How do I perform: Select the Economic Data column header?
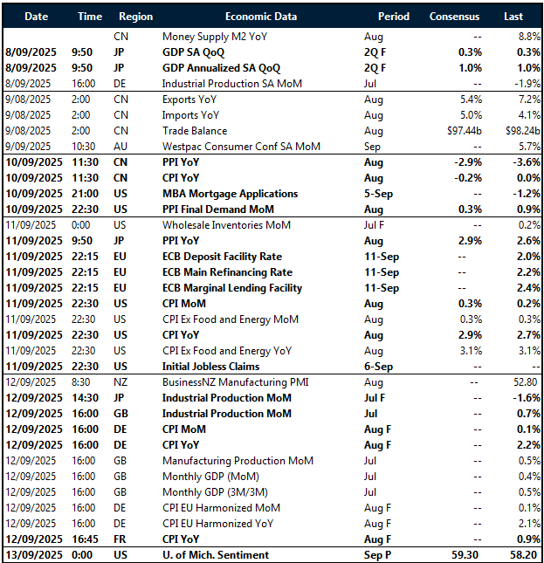coord(260,17)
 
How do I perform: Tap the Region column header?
coord(135,17)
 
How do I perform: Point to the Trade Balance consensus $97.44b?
coord(458,131)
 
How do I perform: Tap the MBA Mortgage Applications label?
coord(231,194)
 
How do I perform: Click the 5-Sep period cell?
coord(379,194)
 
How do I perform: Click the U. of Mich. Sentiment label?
coord(216,555)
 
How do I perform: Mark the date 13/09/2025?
coord(32,555)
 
